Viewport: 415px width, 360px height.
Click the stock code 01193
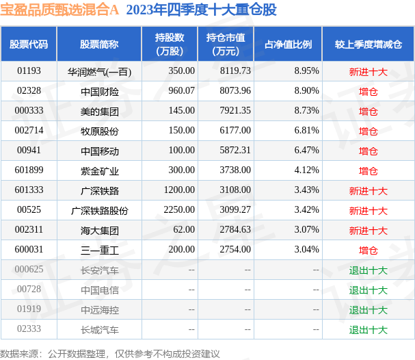[x=29, y=71]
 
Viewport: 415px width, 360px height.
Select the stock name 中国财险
[x=100, y=92]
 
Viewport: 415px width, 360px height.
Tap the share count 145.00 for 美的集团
[x=182, y=110]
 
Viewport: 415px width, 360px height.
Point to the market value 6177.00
[x=235, y=130]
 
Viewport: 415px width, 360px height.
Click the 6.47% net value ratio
[x=306, y=150]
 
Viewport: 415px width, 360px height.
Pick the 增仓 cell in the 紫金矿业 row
[x=368, y=171]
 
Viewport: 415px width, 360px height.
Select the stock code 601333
[x=29, y=190]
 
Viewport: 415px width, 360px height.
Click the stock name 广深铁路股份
[x=100, y=211]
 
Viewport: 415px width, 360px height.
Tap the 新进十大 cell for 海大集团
[x=368, y=231]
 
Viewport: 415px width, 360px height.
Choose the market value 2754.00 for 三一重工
[x=235, y=250]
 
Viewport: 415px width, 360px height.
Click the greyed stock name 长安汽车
[x=100, y=270]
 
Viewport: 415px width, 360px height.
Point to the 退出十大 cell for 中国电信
[x=368, y=290]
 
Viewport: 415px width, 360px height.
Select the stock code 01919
[x=29, y=309]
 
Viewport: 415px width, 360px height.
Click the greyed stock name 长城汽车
[x=100, y=330]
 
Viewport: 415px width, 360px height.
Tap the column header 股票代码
[x=29, y=44]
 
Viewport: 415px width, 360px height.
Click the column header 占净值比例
[x=289, y=44]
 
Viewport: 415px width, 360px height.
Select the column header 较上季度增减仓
[x=368, y=44]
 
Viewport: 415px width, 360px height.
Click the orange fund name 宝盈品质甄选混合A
[x=59, y=10]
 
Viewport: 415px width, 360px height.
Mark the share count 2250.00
[x=179, y=210]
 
